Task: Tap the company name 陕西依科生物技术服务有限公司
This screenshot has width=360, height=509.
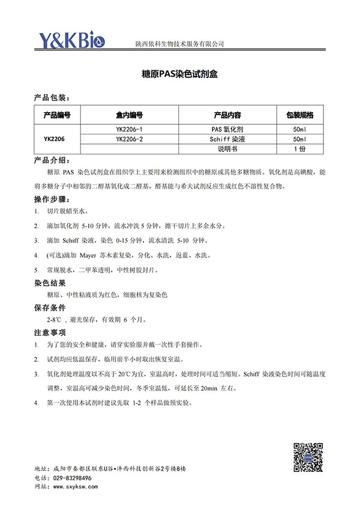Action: coord(179,44)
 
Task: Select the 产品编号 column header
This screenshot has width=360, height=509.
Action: coord(58,115)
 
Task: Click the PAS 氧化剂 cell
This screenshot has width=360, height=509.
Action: coord(227,129)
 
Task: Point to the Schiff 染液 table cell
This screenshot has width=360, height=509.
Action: coord(227,139)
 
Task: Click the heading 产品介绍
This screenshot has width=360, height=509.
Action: coord(52,161)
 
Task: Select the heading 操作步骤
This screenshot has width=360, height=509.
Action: coord(52,199)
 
